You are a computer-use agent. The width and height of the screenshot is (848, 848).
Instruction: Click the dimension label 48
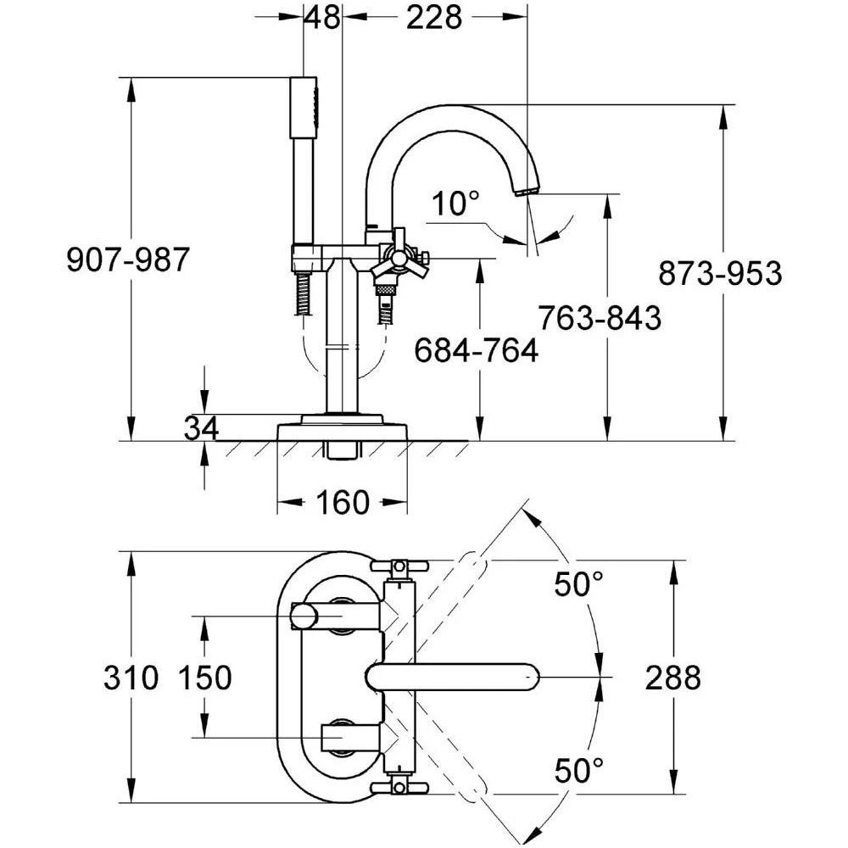[321, 17]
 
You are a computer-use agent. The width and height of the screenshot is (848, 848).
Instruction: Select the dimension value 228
[434, 17]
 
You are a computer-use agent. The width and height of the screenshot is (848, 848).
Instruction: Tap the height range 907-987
[128, 260]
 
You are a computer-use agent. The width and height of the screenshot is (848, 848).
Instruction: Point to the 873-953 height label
[720, 274]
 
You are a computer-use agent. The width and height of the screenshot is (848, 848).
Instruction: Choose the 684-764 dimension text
[476, 349]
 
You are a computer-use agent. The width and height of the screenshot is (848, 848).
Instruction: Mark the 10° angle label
[455, 204]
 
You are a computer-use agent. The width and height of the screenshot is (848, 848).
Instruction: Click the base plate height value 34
[201, 428]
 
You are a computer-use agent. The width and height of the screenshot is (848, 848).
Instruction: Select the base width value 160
[343, 503]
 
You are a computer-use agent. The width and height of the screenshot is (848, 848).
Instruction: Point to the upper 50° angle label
[579, 584]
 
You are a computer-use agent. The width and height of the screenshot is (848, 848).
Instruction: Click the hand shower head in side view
[304, 106]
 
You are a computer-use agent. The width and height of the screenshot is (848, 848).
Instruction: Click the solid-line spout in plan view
[454, 678]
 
